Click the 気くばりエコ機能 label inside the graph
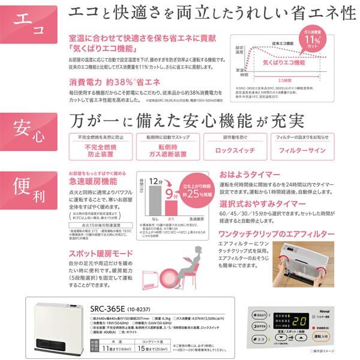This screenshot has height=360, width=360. (289, 62)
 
